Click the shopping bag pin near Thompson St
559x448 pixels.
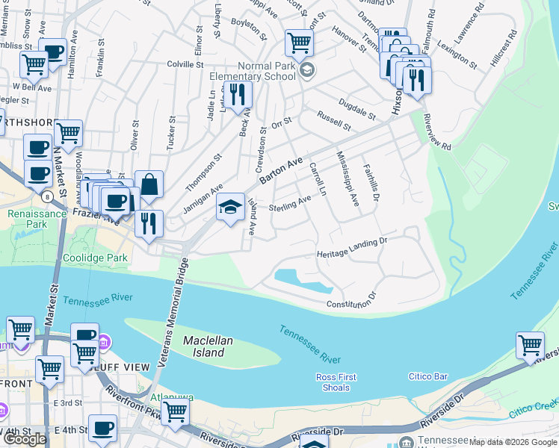click(x=149, y=184)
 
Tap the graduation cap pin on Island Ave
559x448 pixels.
click(x=230, y=206)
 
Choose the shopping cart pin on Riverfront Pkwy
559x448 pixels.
click(x=175, y=410)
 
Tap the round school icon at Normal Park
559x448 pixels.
click(x=306, y=70)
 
